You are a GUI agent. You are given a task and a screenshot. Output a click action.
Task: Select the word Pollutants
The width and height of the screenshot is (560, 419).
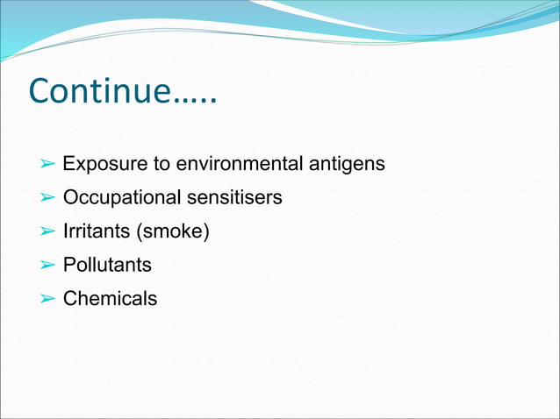(107, 265)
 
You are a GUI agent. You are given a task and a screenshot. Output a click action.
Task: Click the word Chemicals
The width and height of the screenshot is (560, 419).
(110, 299)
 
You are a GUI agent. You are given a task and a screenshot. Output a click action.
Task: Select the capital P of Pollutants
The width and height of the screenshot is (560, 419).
(68, 265)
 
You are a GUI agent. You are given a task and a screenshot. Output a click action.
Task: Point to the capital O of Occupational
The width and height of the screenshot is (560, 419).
(70, 198)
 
